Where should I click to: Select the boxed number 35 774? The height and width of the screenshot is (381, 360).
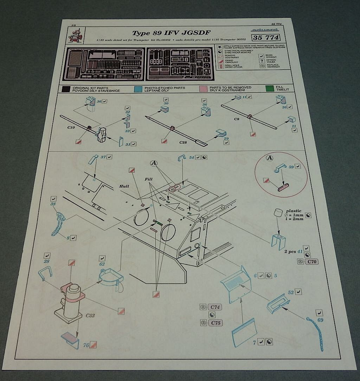click(x=265, y=37)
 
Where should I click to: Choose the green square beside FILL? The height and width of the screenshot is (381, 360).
click(x=269, y=88)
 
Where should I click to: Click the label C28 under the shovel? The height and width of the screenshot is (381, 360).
click(x=184, y=142)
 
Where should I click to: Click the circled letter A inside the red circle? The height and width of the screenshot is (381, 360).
click(x=270, y=158)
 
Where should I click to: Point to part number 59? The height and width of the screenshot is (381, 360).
click(x=291, y=167)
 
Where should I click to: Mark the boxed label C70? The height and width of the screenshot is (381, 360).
click(x=311, y=262)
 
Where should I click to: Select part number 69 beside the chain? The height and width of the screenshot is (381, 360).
click(x=320, y=320)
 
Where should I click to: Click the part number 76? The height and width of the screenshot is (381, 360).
click(x=86, y=345)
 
